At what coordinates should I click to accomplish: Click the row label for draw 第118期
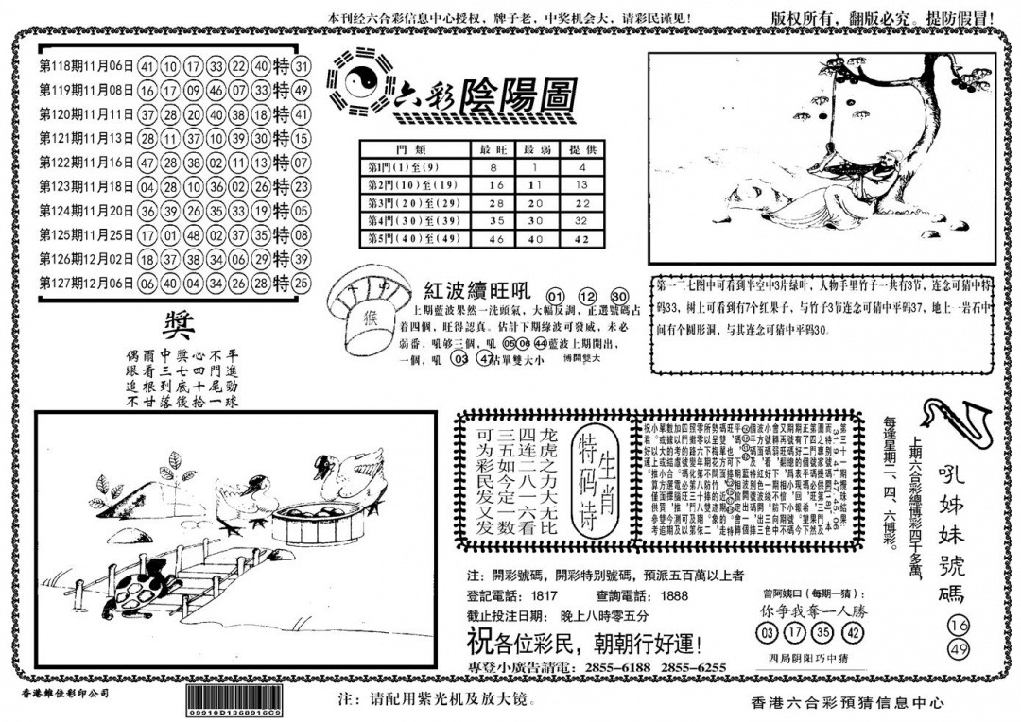click(86, 67)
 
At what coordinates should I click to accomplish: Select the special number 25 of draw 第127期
click(302, 283)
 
